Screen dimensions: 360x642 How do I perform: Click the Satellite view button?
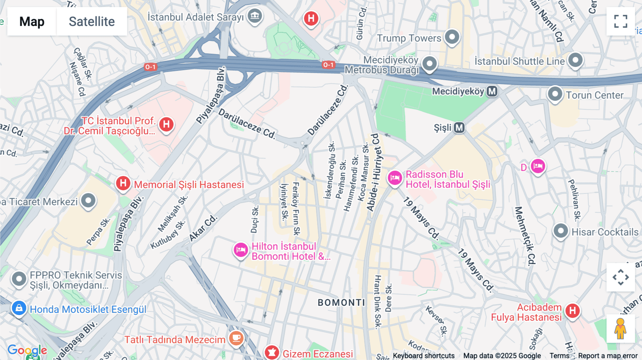tap(92, 21)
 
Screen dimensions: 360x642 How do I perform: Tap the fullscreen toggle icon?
tap(621, 21)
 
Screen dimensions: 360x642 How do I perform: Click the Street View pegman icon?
tap(621, 329)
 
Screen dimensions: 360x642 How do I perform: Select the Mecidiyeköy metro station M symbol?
tap(492, 92)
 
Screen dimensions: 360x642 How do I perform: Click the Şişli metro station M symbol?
tap(459, 128)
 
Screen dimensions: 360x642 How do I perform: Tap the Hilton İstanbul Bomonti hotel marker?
tap(241, 250)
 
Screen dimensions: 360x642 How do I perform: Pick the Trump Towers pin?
tap(452, 37)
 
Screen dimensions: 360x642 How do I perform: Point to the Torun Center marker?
tap(555, 94)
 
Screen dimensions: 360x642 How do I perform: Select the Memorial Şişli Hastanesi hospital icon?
tap(123, 184)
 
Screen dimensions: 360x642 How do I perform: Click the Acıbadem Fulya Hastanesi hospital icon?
tap(572, 311)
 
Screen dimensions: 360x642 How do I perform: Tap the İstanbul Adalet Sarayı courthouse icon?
tap(255, 16)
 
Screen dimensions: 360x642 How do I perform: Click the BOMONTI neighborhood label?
tap(341, 303)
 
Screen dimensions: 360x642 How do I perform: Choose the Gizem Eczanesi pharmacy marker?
tap(272, 353)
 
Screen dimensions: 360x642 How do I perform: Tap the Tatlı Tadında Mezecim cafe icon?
tap(236, 337)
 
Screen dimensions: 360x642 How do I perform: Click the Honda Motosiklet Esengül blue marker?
tap(19, 308)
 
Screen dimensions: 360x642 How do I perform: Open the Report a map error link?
tap(608, 356)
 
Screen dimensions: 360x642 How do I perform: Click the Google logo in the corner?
tap(27, 350)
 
